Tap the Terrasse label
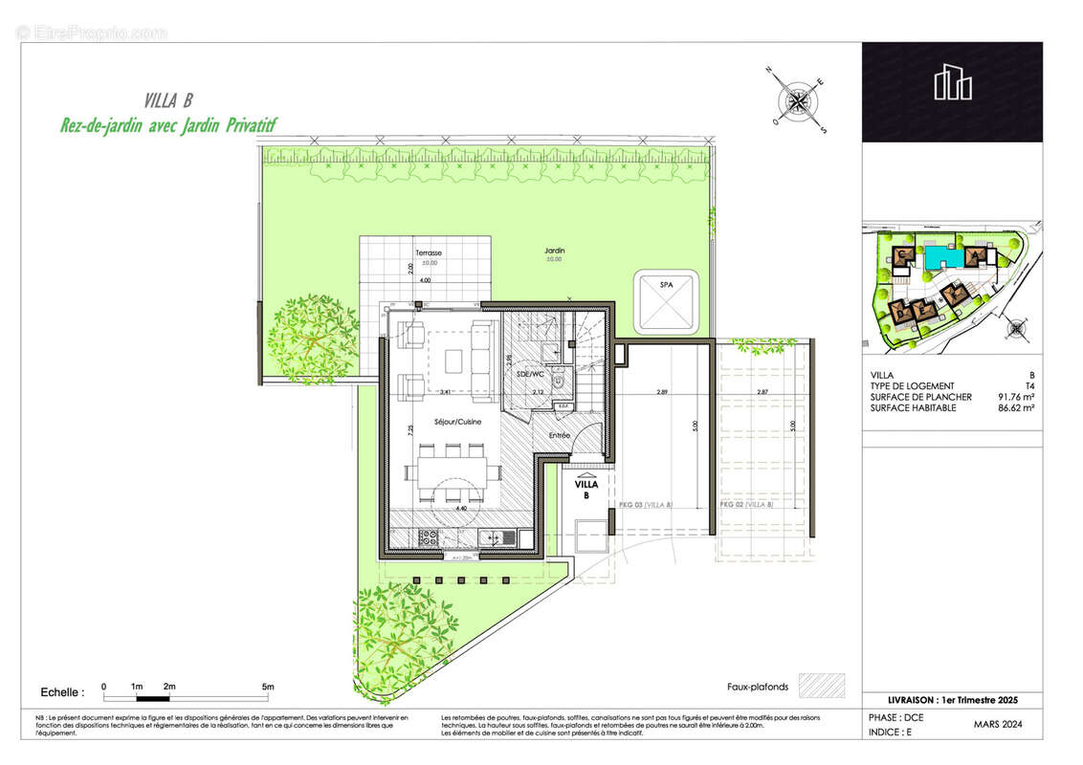tap(427, 252)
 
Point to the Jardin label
tap(555, 251)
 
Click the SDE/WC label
tap(529, 374)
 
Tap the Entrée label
tap(560, 435)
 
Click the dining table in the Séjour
tap(452, 471)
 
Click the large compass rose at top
tap(797, 98)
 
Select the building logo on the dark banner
tap(953, 83)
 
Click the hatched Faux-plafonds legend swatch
tap(822, 686)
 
